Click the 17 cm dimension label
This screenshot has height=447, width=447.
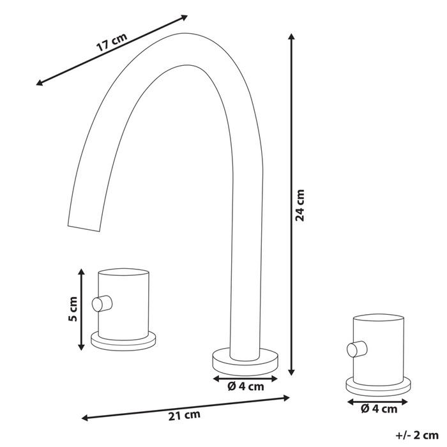coord(111,44)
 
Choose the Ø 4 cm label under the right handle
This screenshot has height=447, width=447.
coord(379,409)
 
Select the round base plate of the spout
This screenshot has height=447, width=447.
coord(245,360)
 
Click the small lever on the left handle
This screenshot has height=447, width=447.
coord(102,303)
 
